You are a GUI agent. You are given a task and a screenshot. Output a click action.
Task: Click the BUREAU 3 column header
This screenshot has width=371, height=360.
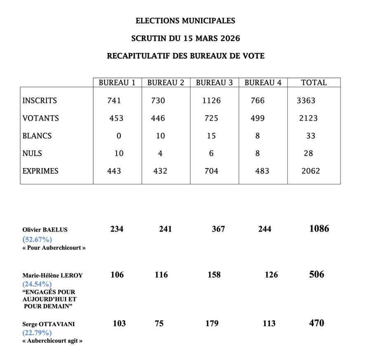click(x=214, y=82)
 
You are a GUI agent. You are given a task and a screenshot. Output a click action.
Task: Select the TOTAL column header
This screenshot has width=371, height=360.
click(x=314, y=82)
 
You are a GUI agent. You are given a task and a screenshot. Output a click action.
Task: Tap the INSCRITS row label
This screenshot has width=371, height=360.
click(x=40, y=101)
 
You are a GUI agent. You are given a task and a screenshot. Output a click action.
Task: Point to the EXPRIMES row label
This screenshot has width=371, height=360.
click(x=41, y=171)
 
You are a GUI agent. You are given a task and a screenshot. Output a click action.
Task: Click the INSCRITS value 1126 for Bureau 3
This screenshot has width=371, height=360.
click(x=211, y=101)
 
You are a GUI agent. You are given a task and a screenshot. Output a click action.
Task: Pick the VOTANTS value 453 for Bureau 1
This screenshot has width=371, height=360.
click(x=116, y=118)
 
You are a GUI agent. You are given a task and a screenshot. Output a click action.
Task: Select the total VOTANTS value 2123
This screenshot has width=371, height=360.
click(x=308, y=118)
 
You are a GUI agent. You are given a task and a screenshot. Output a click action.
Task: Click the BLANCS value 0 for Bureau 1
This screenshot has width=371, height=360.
click(x=119, y=136)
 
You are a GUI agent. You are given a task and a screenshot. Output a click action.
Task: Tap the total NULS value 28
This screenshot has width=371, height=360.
click(x=308, y=153)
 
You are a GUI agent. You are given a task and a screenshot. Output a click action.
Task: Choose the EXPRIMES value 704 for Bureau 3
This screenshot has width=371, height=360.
click(x=211, y=171)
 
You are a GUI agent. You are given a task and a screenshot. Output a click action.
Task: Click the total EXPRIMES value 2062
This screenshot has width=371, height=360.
click(x=310, y=171)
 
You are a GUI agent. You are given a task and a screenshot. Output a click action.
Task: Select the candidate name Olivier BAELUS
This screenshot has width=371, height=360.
click(x=45, y=230)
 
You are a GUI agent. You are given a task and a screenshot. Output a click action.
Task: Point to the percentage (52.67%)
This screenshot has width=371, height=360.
click(x=37, y=239)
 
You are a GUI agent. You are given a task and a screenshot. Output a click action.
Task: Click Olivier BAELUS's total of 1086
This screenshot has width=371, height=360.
click(x=319, y=229)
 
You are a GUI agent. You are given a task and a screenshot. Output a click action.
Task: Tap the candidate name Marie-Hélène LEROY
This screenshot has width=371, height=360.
click(x=52, y=275)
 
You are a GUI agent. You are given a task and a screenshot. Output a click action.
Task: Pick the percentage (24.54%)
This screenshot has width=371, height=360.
click(x=37, y=284)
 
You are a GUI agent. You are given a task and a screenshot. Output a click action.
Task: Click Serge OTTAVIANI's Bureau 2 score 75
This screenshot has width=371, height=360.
click(x=159, y=324)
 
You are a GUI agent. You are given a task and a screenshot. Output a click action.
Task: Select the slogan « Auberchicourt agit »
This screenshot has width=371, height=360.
click(x=52, y=341)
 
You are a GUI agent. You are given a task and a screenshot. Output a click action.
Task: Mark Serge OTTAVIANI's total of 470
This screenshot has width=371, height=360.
click(x=317, y=323)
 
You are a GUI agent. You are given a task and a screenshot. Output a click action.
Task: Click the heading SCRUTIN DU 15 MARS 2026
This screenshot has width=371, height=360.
click(x=185, y=38)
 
